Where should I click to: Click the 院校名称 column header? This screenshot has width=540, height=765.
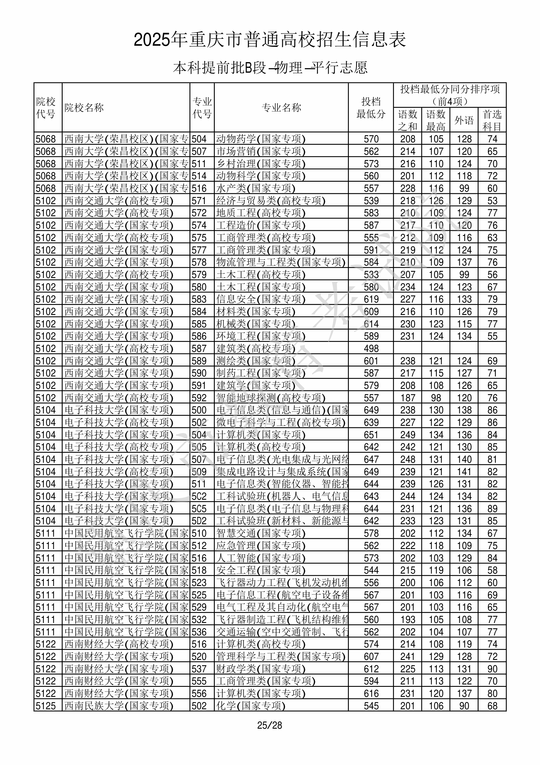click(84, 108)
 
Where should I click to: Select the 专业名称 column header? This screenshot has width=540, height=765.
click(281, 108)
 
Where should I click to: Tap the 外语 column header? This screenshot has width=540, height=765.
click(464, 120)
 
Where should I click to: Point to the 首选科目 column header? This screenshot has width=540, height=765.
click(492, 120)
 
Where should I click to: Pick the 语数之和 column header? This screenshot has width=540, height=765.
click(407, 120)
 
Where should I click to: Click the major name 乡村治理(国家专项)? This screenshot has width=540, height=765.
click(261, 164)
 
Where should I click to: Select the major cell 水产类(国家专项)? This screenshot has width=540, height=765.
click(256, 188)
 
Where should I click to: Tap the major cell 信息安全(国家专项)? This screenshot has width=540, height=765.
click(261, 299)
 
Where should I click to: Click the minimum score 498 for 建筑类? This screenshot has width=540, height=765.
click(371, 349)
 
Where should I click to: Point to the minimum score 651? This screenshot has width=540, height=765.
click(371, 435)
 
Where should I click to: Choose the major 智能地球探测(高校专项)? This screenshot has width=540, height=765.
click(271, 398)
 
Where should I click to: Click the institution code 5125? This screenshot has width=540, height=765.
click(46, 706)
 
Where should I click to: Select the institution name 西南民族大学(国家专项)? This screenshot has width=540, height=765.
click(119, 706)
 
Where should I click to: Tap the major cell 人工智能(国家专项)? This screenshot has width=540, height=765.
click(261, 558)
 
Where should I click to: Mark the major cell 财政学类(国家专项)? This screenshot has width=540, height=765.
click(261, 669)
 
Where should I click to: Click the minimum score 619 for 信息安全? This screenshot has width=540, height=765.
click(371, 299)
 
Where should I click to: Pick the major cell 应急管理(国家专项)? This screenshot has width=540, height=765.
click(261, 546)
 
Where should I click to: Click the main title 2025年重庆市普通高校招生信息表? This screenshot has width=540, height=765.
click(270, 40)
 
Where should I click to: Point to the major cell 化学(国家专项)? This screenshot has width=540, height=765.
click(251, 706)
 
